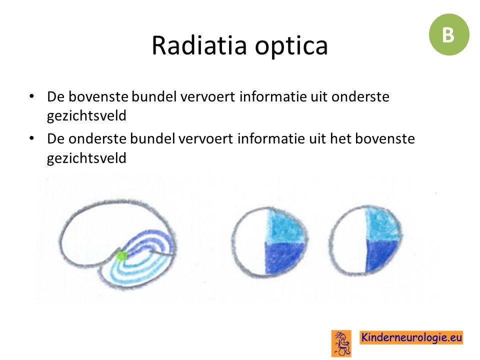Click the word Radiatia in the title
pos(199,45)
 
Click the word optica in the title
pos(291,46)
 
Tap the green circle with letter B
pos(449,34)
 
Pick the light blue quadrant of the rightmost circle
pos(382,224)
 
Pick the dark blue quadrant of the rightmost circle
pos(380,254)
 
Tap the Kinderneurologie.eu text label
pos(411,337)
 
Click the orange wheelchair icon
pos(341,343)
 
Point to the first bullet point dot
pos(31,96)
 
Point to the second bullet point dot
pos(31,138)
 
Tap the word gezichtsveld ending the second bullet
pos(86,158)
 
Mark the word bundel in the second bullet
pos(152,138)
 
